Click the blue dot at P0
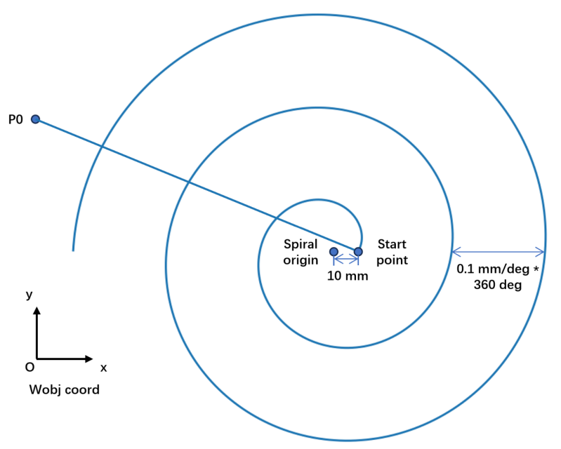pos(35,119)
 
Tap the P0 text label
pos(15,119)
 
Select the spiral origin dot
pos(334,252)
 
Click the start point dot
pos(358,252)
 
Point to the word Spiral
pos(301,245)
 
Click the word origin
pos(301,260)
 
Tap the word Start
pos(392,244)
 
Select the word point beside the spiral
pos(392,260)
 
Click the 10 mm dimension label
pos(348,276)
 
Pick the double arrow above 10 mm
pos(346,259)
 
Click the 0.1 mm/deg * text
pos(497,269)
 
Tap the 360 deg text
pos(497,285)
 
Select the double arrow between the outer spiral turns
pos(499,252)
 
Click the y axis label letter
pos(29,295)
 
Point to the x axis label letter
pos(103,368)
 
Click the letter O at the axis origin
pos(29,367)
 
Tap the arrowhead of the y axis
pos(37,310)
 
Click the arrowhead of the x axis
pos(89,358)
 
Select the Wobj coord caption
pos(65,389)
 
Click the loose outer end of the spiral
pos(73,250)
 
